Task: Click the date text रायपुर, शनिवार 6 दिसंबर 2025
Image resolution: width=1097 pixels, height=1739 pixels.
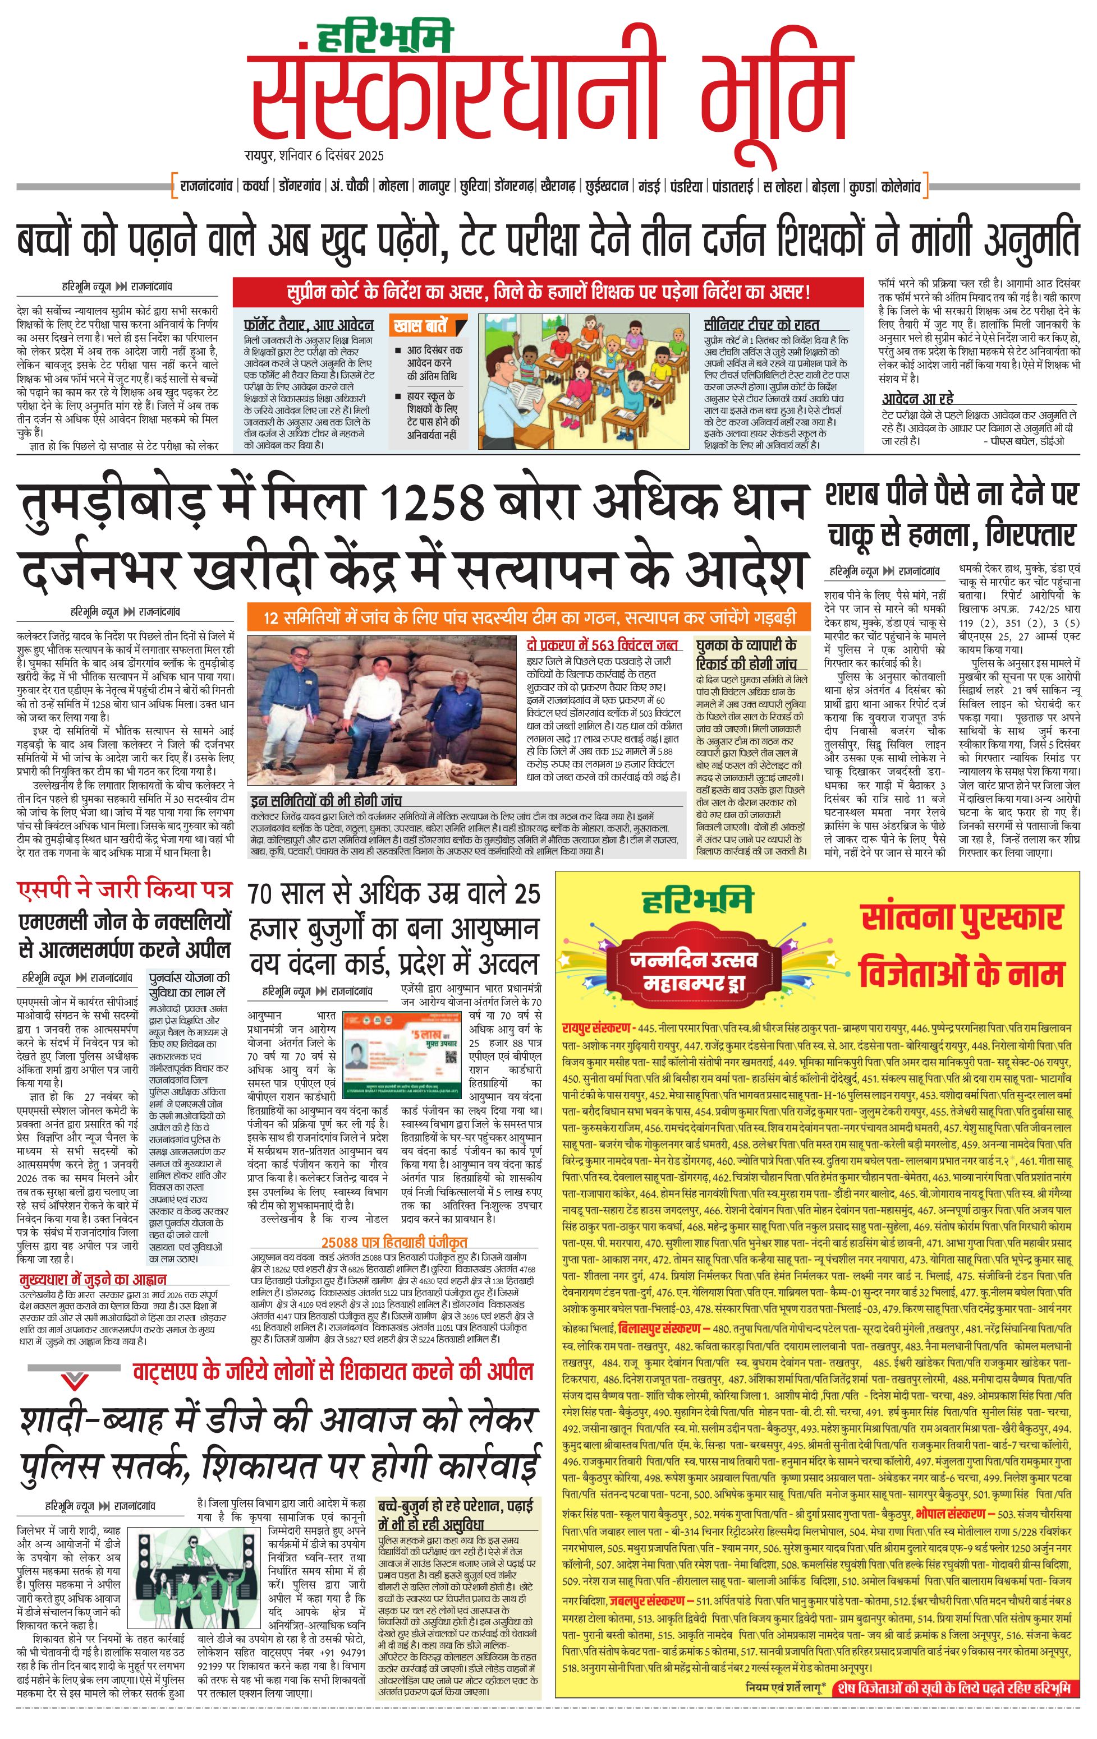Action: click(x=314, y=155)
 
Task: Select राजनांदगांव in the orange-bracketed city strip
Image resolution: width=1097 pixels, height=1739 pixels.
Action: click(x=205, y=186)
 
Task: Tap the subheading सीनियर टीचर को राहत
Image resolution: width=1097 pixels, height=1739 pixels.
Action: click(x=761, y=324)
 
